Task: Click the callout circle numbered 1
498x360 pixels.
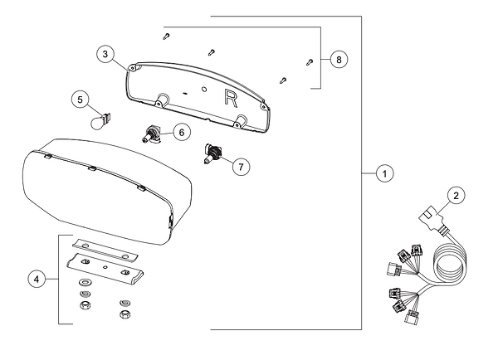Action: (383, 174)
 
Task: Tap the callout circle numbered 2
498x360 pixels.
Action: (456, 197)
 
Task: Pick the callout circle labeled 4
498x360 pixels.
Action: (37, 280)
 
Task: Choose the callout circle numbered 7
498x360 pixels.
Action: (239, 166)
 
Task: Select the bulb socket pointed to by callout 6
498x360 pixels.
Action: (153, 134)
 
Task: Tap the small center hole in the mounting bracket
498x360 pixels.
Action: (105, 268)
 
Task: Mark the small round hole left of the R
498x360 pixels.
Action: (204, 87)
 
